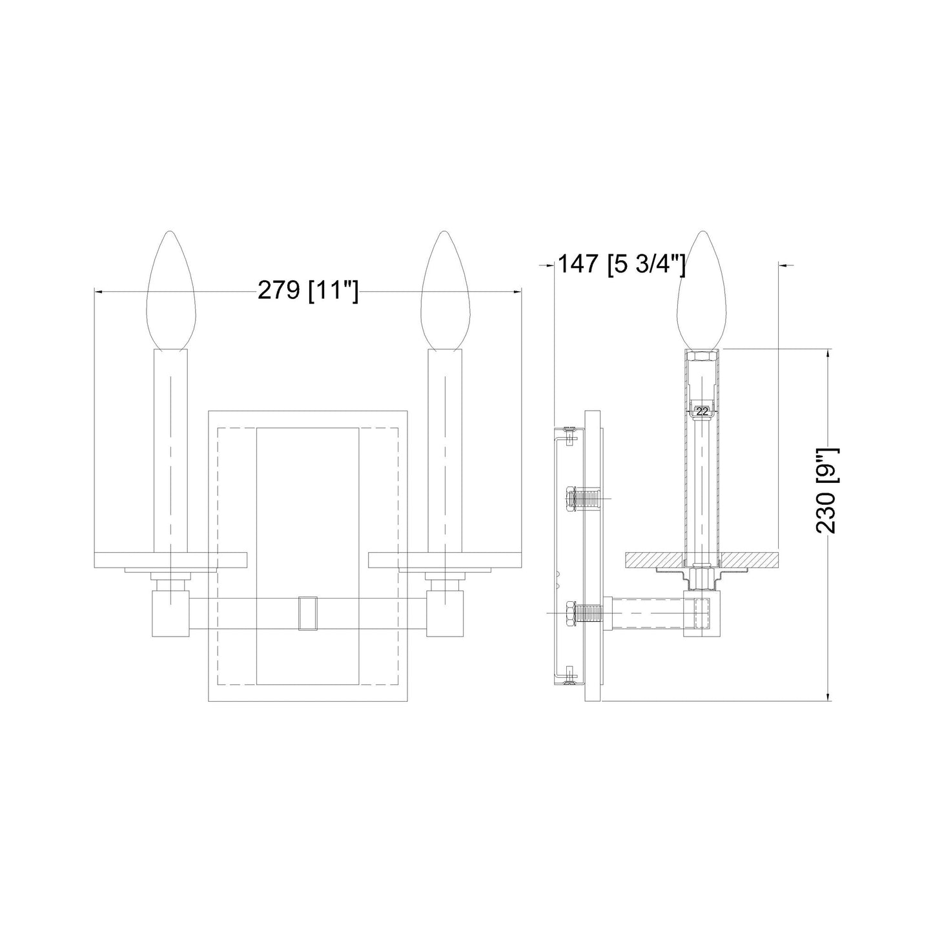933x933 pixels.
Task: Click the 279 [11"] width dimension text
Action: (x=307, y=291)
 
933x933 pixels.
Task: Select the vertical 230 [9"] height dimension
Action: (x=826, y=491)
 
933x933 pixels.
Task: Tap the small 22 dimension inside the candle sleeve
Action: (x=702, y=411)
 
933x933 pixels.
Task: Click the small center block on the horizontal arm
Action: (x=308, y=613)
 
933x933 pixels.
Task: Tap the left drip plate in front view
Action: (x=171, y=560)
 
